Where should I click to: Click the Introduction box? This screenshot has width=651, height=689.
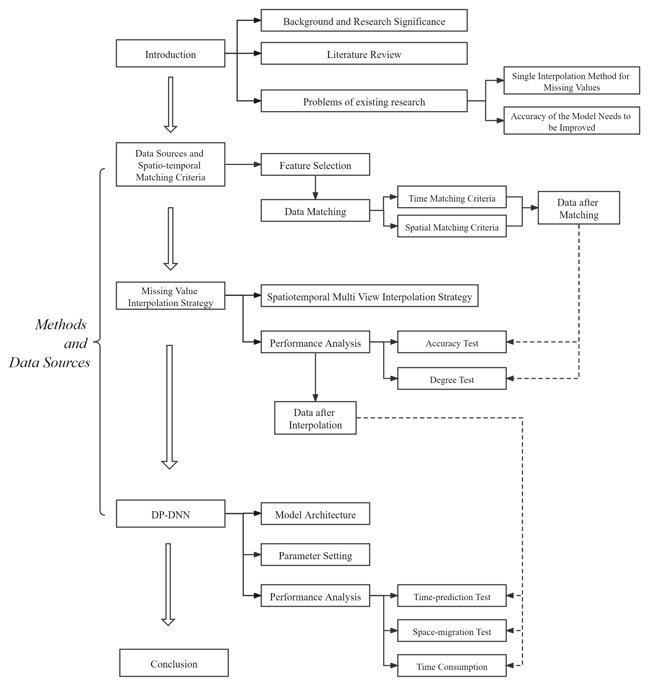point(170,53)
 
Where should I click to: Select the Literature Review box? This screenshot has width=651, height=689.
point(364,53)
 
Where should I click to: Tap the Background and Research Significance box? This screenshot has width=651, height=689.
point(364,20)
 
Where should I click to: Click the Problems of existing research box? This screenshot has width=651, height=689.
point(364,101)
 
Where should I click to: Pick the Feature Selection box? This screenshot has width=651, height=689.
point(315,164)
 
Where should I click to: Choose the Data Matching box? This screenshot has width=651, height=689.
point(315,211)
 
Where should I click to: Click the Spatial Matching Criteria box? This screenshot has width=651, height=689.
point(451,226)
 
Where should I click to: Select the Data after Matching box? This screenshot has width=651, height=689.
point(578,208)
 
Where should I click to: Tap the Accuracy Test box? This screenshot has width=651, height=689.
point(451,342)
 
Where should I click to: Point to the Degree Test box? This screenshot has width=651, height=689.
point(451,378)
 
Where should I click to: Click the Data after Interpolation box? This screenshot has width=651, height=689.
point(315,418)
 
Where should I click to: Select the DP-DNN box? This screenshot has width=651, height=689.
point(170,514)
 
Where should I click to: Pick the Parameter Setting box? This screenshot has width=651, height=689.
point(315,555)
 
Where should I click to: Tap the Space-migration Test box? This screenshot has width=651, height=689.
point(451,631)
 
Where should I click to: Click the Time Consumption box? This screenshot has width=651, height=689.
point(451,666)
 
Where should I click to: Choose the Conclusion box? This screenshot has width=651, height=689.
point(174,663)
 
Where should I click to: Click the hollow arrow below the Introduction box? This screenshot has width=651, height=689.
point(170,104)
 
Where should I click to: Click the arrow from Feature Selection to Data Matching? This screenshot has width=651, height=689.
point(315,188)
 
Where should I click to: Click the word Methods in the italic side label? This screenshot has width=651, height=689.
point(61,324)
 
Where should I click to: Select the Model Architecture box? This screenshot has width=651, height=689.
point(315,514)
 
